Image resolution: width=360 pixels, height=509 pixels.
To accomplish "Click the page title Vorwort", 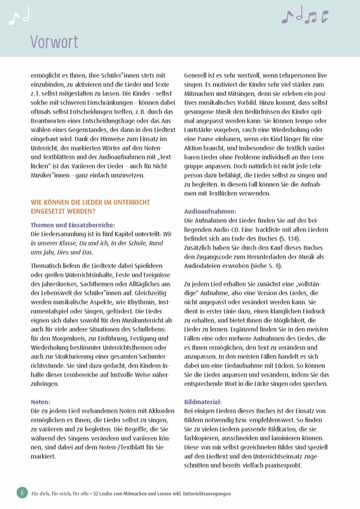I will (x=54, y=41).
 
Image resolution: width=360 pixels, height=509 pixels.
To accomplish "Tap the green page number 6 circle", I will (x=22, y=493).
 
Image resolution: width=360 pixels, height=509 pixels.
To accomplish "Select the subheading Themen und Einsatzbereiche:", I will (x=73, y=225).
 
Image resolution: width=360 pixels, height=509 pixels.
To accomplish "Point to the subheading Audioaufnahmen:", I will (x=210, y=211).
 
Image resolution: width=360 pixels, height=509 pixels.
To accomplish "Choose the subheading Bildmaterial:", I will (x=203, y=402).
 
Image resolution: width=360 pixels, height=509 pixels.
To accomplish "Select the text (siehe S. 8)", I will (x=263, y=266).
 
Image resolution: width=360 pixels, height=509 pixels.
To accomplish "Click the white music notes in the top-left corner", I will (x=19, y=18).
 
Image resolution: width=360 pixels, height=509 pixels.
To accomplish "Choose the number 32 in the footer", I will (x=98, y=493).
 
